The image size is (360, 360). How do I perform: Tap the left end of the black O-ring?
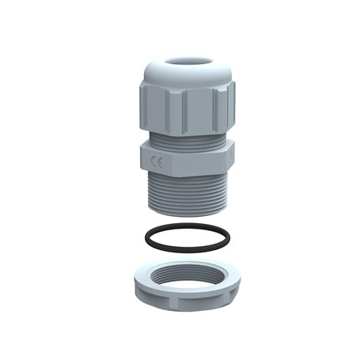(x=138, y=237)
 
